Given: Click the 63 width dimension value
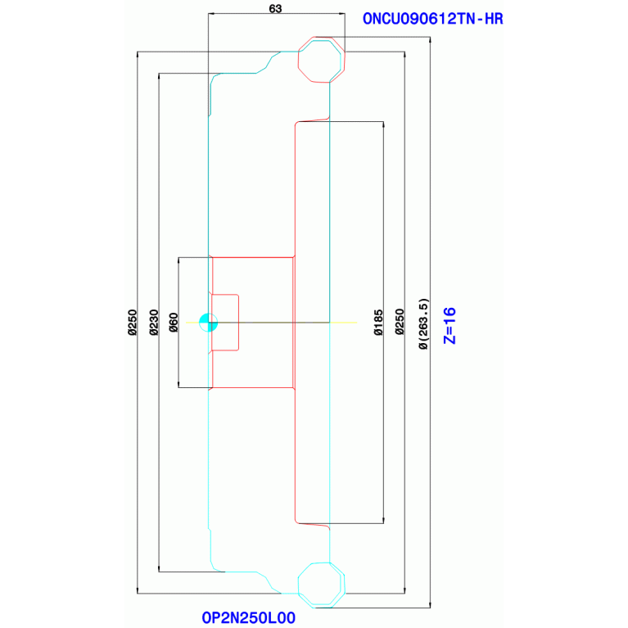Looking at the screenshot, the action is point(276,8).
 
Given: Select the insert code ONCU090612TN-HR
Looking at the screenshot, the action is point(432,19).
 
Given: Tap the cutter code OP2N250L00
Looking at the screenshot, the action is point(249,617).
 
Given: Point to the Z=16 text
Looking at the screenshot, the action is point(450,326).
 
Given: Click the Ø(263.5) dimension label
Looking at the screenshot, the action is point(423,323).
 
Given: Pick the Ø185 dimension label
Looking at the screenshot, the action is point(378,322).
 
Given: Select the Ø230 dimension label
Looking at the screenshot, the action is point(154,322).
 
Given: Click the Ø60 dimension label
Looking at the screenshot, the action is point(174,323).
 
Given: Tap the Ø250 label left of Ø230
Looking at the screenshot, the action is point(132,322).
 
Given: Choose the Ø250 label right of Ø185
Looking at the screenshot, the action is point(400,322).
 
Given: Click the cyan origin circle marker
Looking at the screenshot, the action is point(208,323).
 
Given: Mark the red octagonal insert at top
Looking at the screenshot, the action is point(322,60).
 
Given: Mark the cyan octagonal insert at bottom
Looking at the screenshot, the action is point(322,585).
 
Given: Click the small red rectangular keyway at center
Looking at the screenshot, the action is point(225,323).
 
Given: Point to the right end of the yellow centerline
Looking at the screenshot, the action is point(356,323).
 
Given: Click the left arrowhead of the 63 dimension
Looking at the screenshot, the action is point(210,14).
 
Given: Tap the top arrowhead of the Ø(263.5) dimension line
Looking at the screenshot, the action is point(430,39).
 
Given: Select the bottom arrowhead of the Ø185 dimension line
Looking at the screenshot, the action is point(384,521).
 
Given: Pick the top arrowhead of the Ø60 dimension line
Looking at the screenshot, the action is point(178,260).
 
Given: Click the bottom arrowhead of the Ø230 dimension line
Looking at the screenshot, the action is point(159,569).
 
